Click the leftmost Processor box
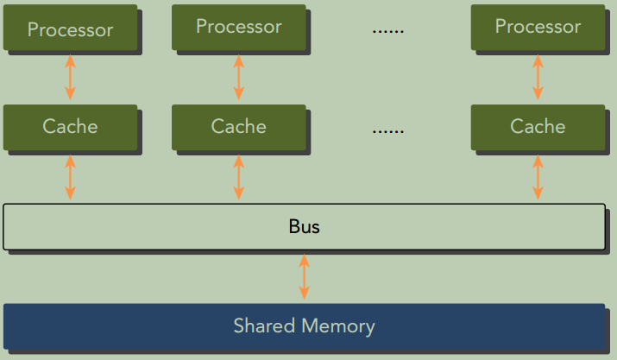70,29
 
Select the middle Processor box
238,27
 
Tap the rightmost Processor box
538,27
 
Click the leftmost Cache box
70,127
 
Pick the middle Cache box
238,127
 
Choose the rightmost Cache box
538,127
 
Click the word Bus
304,227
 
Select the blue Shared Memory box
304,326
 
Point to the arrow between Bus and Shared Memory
304,277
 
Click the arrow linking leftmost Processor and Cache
70,78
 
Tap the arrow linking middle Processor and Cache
239,78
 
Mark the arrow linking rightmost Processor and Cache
538,78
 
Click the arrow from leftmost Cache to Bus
70,178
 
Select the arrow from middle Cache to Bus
239,178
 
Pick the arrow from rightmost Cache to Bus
538,178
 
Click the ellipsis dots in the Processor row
387,30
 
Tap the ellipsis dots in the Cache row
387,131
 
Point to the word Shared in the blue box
262,326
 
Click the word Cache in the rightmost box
538,127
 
